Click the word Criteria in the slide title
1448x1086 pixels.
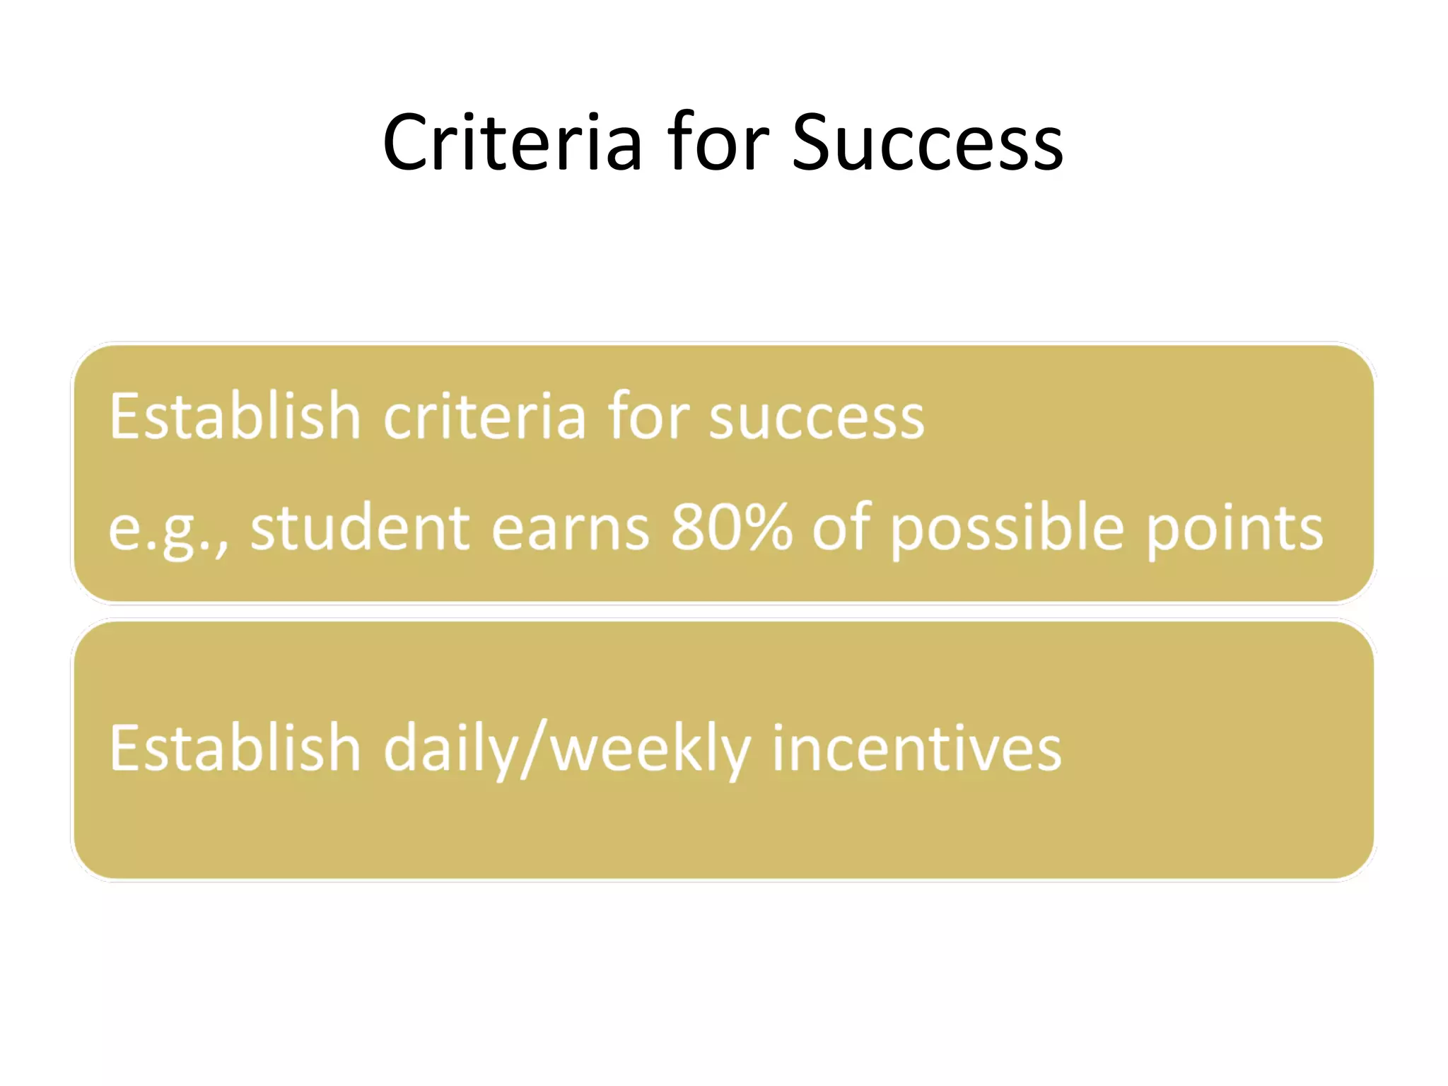(x=512, y=143)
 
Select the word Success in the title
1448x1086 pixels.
(x=927, y=143)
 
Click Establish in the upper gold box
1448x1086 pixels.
(x=235, y=416)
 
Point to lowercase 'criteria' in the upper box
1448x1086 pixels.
(x=484, y=416)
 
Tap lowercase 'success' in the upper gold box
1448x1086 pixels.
(x=817, y=418)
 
